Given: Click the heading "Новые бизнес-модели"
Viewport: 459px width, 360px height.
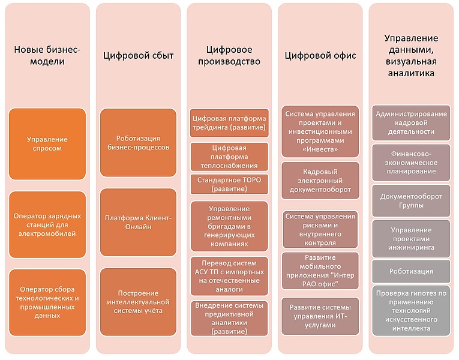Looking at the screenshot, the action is click(x=47, y=55).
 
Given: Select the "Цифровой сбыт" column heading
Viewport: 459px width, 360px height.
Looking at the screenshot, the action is click(x=139, y=56).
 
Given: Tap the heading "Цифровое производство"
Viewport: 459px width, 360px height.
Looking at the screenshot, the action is click(x=229, y=55).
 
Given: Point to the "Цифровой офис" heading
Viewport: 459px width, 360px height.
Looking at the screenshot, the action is click(x=320, y=56).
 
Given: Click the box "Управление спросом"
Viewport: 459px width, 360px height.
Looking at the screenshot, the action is click(x=47, y=143).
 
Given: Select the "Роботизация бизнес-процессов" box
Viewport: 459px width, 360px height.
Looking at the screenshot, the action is click(x=139, y=143).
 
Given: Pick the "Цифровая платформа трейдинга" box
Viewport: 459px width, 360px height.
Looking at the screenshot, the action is click(x=229, y=122).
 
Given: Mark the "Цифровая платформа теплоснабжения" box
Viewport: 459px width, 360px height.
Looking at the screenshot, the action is click(x=229, y=157).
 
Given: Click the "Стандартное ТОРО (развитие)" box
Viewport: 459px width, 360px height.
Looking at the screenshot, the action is click(x=229, y=184).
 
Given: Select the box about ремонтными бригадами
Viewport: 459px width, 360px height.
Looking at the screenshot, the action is click(x=229, y=226).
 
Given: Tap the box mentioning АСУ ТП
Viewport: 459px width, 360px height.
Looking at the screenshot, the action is click(x=229, y=276).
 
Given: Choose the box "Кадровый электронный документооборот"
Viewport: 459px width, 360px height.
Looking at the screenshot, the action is click(x=320, y=181).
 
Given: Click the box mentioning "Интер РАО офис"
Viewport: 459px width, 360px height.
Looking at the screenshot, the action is click(x=320, y=271).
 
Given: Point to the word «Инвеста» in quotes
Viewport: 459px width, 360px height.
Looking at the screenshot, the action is click(x=320, y=149).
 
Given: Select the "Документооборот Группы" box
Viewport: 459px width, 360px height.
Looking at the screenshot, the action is click(x=411, y=200).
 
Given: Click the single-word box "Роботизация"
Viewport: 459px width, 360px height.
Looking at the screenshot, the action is click(x=411, y=271).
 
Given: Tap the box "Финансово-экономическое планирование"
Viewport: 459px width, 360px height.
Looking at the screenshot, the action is click(x=411, y=163).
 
